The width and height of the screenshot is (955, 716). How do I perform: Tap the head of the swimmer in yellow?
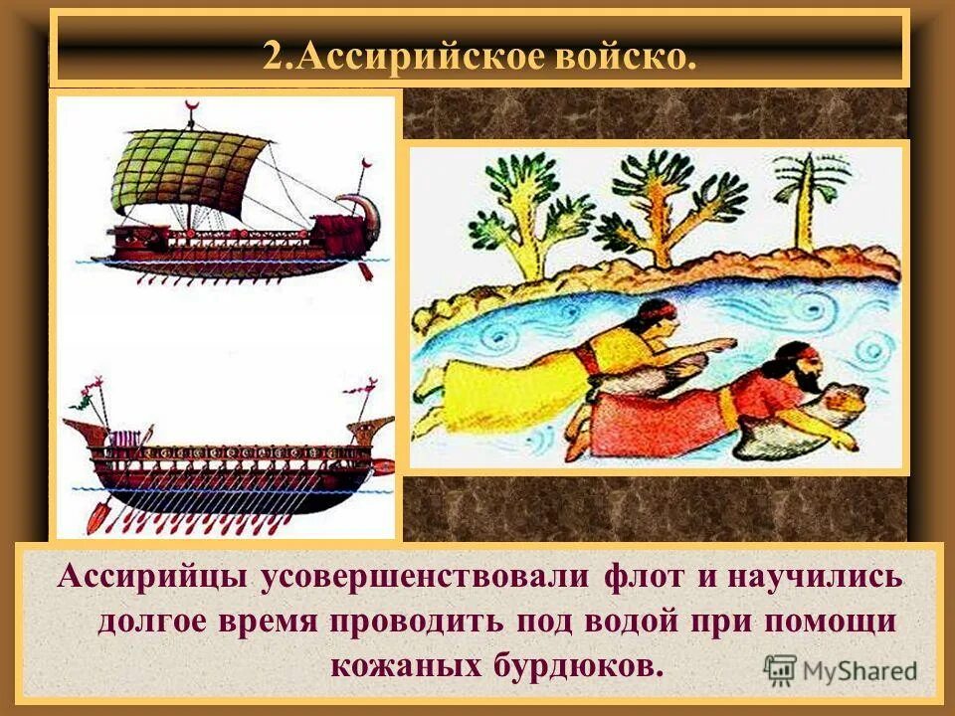pos(657,318)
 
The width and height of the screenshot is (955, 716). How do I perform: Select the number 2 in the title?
pos(273,56)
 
